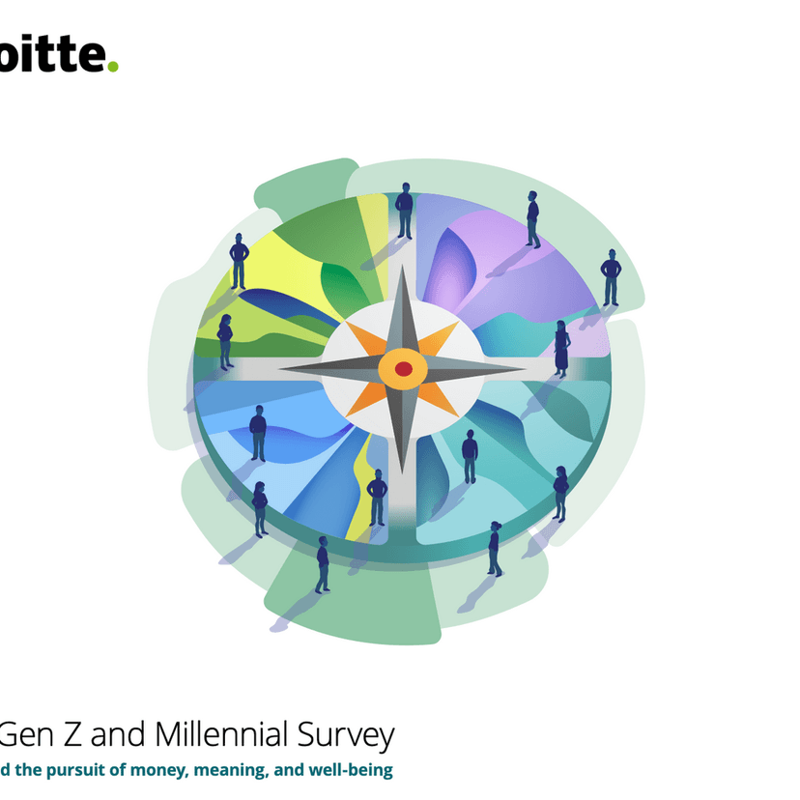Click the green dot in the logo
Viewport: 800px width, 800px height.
coord(113,67)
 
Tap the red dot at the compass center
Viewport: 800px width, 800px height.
coord(404,368)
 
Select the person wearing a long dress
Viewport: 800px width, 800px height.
coord(561,348)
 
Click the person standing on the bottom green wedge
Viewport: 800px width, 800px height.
coord(322,564)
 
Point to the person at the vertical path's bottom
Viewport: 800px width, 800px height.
coord(377,497)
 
